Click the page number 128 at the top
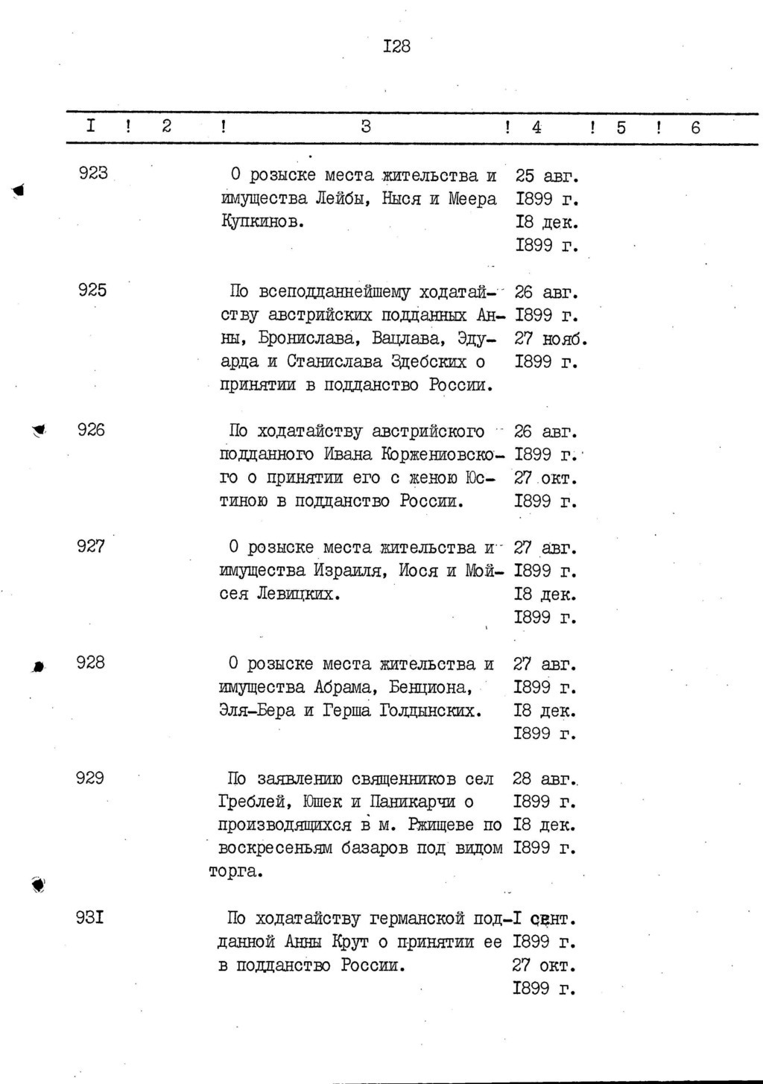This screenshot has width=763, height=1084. [396, 47]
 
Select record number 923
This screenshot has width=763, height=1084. [93, 173]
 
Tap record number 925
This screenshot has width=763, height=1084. [92, 290]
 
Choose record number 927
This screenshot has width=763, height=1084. [91, 546]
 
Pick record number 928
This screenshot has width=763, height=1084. [91, 662]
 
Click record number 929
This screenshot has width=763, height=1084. [89, 778]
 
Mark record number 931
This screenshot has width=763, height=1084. [89, 917]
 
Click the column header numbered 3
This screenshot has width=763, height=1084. [366, 127]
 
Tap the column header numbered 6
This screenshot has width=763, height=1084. [695, 128]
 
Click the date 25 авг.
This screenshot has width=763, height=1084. [547, 177]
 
